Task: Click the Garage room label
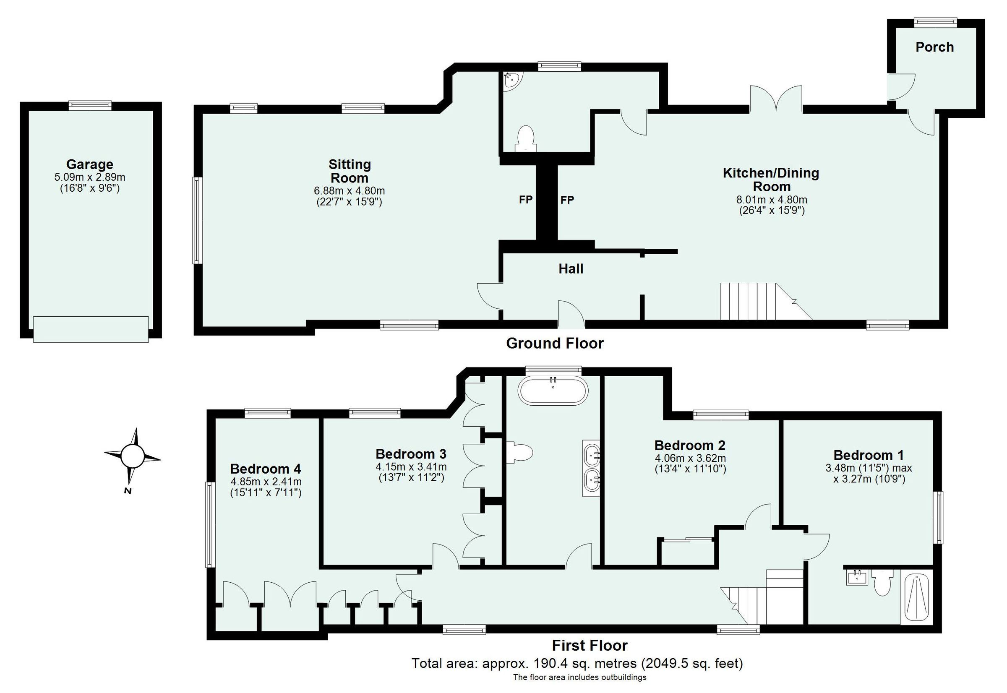pyautogui.click(x=89, y=164)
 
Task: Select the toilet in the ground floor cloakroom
pyautogui.click(x=525, y=138)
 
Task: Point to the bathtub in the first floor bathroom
pyautogui.click(x=553, y=391)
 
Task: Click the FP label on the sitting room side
pyautogui.click(x=525, y=200)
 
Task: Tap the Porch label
pyautogui.click(x=934, y=47)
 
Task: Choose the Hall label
pyautogui.click(x=571, y=269)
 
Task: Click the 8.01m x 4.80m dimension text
pyautogui.click(x=771, y=200)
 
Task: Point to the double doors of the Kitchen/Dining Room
pyautogui.click(x=776, y=99)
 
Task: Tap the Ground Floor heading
pyautogui.click(x=555, y=344)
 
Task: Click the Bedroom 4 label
pyautogui.click(x=265, y=469)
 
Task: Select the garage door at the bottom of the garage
pyautogui.click(x=91, y=329)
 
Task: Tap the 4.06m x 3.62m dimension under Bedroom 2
pyautogui.click(x=689, y=458)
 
